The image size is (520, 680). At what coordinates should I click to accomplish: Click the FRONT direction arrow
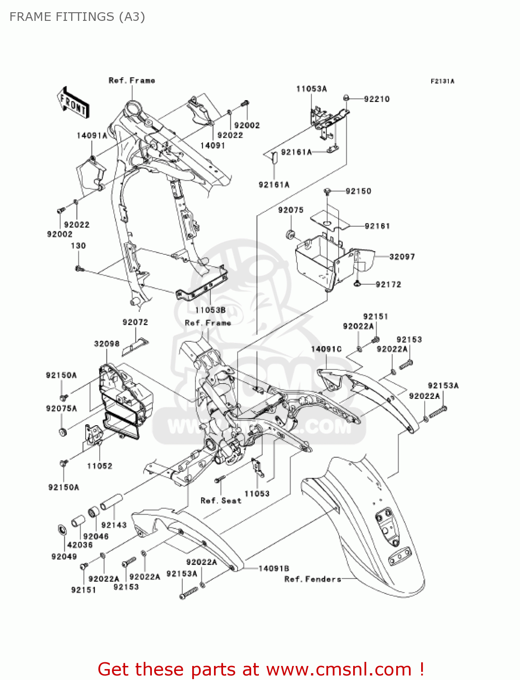tap(73, 103)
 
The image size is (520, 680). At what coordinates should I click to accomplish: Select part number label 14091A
tap(92, 136)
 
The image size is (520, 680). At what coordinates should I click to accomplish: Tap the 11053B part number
tap(210, 310)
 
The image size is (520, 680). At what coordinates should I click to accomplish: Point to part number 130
tap(78, 246)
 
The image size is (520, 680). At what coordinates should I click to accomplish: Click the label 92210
tap(377, 99)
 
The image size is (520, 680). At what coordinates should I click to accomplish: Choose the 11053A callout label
tap(311, 89)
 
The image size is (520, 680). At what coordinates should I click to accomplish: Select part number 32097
tap(402, 257)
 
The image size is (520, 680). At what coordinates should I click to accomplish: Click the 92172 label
tap(389, 284)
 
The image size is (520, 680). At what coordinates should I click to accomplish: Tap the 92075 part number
tap(291, 210)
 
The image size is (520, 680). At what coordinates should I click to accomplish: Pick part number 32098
tap(107, 344)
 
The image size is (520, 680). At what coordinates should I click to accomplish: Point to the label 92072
tap(135, 322)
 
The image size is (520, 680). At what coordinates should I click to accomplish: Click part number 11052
tap(99, 466)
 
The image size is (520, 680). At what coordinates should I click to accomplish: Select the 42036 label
tap(80, 545)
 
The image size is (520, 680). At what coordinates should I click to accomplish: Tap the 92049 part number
tap(64, 557)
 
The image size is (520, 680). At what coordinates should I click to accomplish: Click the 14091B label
tap(274, 568)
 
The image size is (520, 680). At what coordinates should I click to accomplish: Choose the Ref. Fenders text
tap(313, 579)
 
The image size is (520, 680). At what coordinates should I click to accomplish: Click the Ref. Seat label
tap(221, 500)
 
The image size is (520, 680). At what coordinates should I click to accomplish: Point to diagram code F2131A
tap(442, 81)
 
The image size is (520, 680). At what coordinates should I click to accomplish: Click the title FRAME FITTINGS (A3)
tap(77, 17)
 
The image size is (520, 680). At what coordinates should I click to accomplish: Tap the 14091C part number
tap(326, 349)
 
